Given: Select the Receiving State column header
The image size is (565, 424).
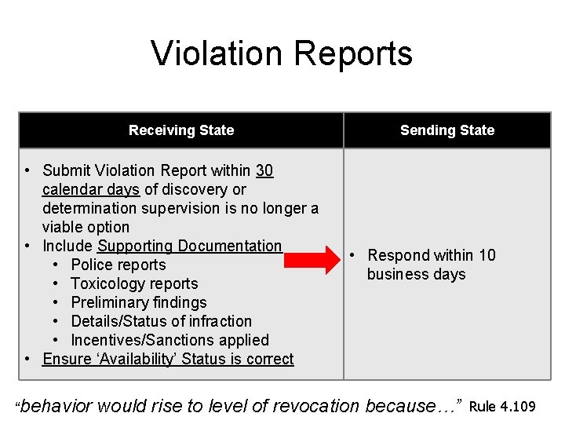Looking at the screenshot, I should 181,130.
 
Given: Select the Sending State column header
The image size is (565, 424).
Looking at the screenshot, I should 447,130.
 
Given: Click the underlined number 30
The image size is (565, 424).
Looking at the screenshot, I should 264,170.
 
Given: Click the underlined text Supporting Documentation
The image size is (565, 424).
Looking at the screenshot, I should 189,246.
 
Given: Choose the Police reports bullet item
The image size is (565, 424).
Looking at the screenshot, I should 118,265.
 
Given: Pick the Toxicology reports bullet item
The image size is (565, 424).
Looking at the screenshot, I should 134,283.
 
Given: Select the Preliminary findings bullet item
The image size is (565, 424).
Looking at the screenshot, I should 139,302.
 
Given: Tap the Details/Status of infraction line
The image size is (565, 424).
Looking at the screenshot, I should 161,321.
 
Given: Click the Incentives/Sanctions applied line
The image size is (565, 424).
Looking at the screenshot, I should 169,340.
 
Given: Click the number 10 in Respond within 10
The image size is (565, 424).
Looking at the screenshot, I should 487,255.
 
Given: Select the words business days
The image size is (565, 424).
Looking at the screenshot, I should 416,274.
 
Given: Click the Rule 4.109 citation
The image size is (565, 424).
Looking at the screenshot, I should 502,406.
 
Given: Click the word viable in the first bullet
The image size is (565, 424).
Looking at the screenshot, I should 64,227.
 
